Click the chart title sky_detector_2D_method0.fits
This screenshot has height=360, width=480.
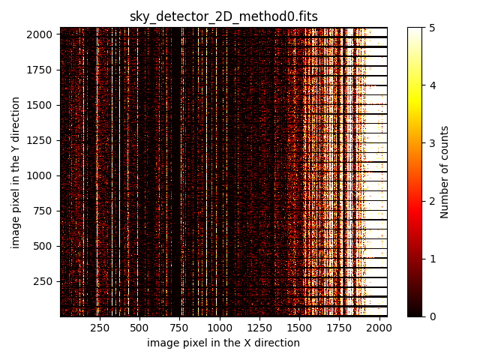[223, 16]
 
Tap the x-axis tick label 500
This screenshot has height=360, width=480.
[139, 328]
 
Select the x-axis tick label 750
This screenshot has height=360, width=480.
[179, 328]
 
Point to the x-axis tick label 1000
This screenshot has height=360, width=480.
[219, 328]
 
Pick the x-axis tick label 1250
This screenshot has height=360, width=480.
[259, 328]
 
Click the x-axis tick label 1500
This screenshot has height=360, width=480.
[299, 328]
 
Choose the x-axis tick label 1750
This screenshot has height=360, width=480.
[339, 328]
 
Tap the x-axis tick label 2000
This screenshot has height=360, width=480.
[379, 328]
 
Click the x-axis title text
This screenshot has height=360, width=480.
[223, 343]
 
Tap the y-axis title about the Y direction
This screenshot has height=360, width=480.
[16, 172]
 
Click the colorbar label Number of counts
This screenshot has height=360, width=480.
[445, 172]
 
